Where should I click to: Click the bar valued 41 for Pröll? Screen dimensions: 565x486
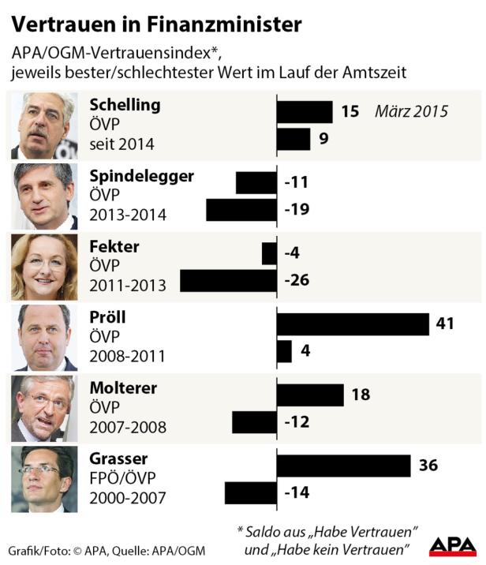pos(353,324)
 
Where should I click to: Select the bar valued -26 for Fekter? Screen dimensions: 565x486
pos(228,281)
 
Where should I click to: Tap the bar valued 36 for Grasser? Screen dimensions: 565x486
pos(343,466)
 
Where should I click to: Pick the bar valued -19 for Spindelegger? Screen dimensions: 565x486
pos(241,210)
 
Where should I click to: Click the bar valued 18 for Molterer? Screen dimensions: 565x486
pos(310,395)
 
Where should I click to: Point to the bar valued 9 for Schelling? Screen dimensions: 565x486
pos(293,140)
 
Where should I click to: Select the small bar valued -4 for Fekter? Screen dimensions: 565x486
pos(269,253)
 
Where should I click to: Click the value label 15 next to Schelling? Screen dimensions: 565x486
pos(350,111)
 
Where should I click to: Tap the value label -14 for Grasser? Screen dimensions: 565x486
pos(296,493)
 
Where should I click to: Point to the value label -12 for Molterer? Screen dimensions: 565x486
pos(296,422)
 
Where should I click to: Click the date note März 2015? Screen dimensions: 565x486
pos(411,111)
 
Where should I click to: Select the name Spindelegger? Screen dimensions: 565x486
pos(141,175)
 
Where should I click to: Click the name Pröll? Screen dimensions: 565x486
pos(107,317)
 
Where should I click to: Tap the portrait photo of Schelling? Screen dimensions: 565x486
pos(43,125)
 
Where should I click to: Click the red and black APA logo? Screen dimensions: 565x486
pos(453,545)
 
